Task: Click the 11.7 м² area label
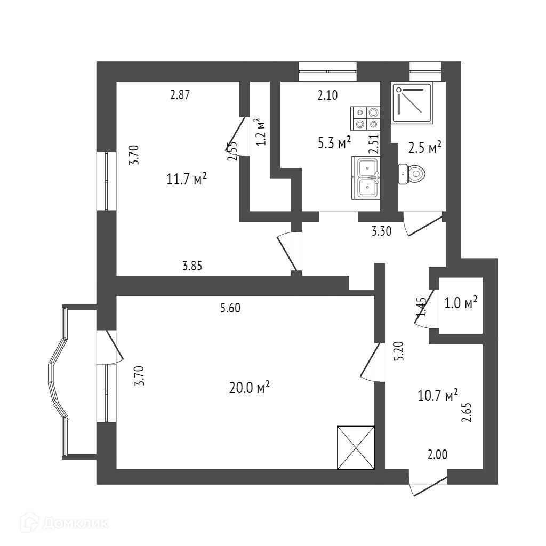point(187,179)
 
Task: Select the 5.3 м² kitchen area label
point(335,143)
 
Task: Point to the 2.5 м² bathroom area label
point(425,147)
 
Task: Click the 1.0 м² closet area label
point(460,303)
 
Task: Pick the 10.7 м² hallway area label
point(438,396)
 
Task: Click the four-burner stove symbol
point(365,118)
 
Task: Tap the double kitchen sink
point(366,178)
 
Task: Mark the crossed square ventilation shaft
point(356,448)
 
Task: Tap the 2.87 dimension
point(180,95)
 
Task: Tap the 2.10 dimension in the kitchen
point(327,95)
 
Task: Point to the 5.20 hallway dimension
point(399,351)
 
